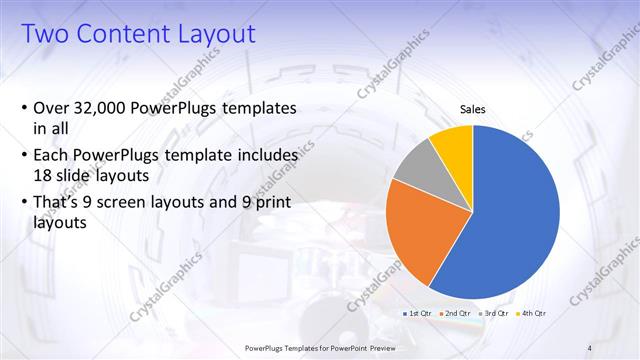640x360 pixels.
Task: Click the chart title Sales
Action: (473, 109)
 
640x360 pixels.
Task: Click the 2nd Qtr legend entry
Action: (456, 313)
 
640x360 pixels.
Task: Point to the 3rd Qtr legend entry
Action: (495, 313)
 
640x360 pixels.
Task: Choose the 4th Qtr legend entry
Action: (533, 313)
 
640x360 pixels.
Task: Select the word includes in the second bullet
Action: (264, 156)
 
